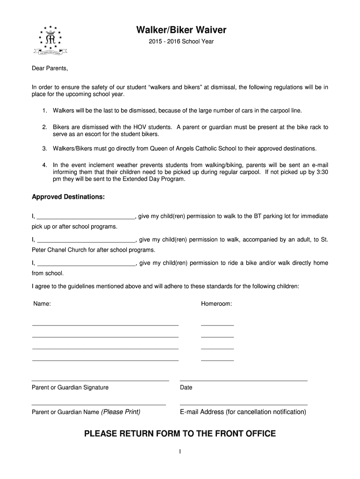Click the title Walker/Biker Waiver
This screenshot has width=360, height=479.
[x=181, y=30]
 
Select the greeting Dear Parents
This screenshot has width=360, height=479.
[x=50, y=69]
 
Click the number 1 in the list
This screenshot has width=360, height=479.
[x=44, y=111]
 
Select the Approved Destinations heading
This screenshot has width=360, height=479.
[x=68, y=197]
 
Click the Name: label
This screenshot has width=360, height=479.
[x=42, y=304]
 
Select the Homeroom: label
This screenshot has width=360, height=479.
[x=216, y=304]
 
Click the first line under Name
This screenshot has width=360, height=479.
[x=105, y=325]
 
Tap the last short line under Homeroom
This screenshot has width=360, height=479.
[x=217, y=360]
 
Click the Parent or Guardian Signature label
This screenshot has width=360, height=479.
[x=70, y=387]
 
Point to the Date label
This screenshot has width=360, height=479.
[x=186, y=387]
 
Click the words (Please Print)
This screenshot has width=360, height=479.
[x=121, y=412]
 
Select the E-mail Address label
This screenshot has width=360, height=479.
[x=243, y=412]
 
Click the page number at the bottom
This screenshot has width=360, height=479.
[x=180, y=451]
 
